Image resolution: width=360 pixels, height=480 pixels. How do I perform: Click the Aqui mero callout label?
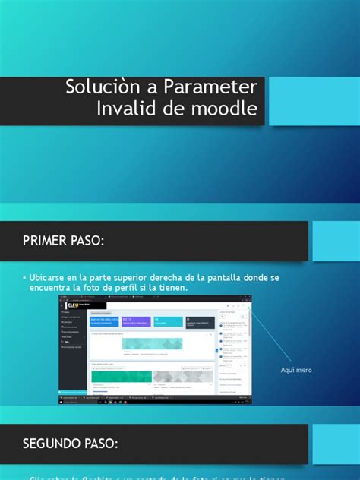[296, 370]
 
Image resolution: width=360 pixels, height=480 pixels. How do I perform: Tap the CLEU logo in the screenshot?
[74, 304]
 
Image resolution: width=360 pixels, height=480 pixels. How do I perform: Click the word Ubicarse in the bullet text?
[52, 278]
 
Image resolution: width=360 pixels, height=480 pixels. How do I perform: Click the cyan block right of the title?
[314, 100]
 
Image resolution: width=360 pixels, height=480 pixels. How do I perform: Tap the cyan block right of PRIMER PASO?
[336, 242]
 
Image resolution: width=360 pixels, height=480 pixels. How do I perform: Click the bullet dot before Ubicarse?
[25, 279]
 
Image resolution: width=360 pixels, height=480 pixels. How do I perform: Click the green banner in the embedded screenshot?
[152, 344]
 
